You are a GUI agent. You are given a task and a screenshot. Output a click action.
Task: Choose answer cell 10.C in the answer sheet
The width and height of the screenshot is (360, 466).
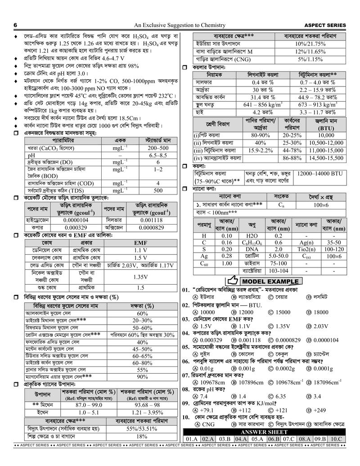coord(336,439)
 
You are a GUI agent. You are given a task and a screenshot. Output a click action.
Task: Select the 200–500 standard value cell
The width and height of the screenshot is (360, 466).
coord(158,148)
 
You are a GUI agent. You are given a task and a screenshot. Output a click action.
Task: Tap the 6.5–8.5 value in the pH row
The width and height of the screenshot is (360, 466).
coord(158,155)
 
